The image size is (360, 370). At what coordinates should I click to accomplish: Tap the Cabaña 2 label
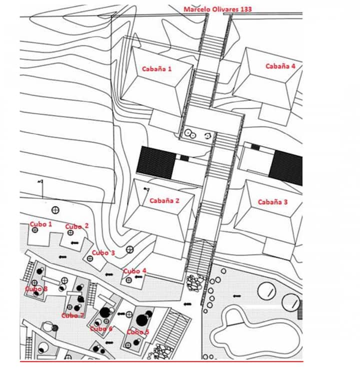164,201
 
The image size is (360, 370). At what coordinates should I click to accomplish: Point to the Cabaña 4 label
280,66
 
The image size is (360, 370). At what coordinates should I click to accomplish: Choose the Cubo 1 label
41,224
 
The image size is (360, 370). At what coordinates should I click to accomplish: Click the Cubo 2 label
77,226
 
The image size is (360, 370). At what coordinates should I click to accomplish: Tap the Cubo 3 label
103,253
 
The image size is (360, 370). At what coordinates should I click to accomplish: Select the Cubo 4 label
134,271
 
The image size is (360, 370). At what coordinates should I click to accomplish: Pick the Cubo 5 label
137,332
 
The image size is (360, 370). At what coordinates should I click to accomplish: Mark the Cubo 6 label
101,329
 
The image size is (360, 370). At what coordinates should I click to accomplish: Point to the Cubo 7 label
73,315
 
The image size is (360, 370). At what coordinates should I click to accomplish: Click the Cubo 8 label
36,289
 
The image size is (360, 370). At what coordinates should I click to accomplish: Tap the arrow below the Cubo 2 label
75,243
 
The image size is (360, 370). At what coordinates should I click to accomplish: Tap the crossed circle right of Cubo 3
130,249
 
